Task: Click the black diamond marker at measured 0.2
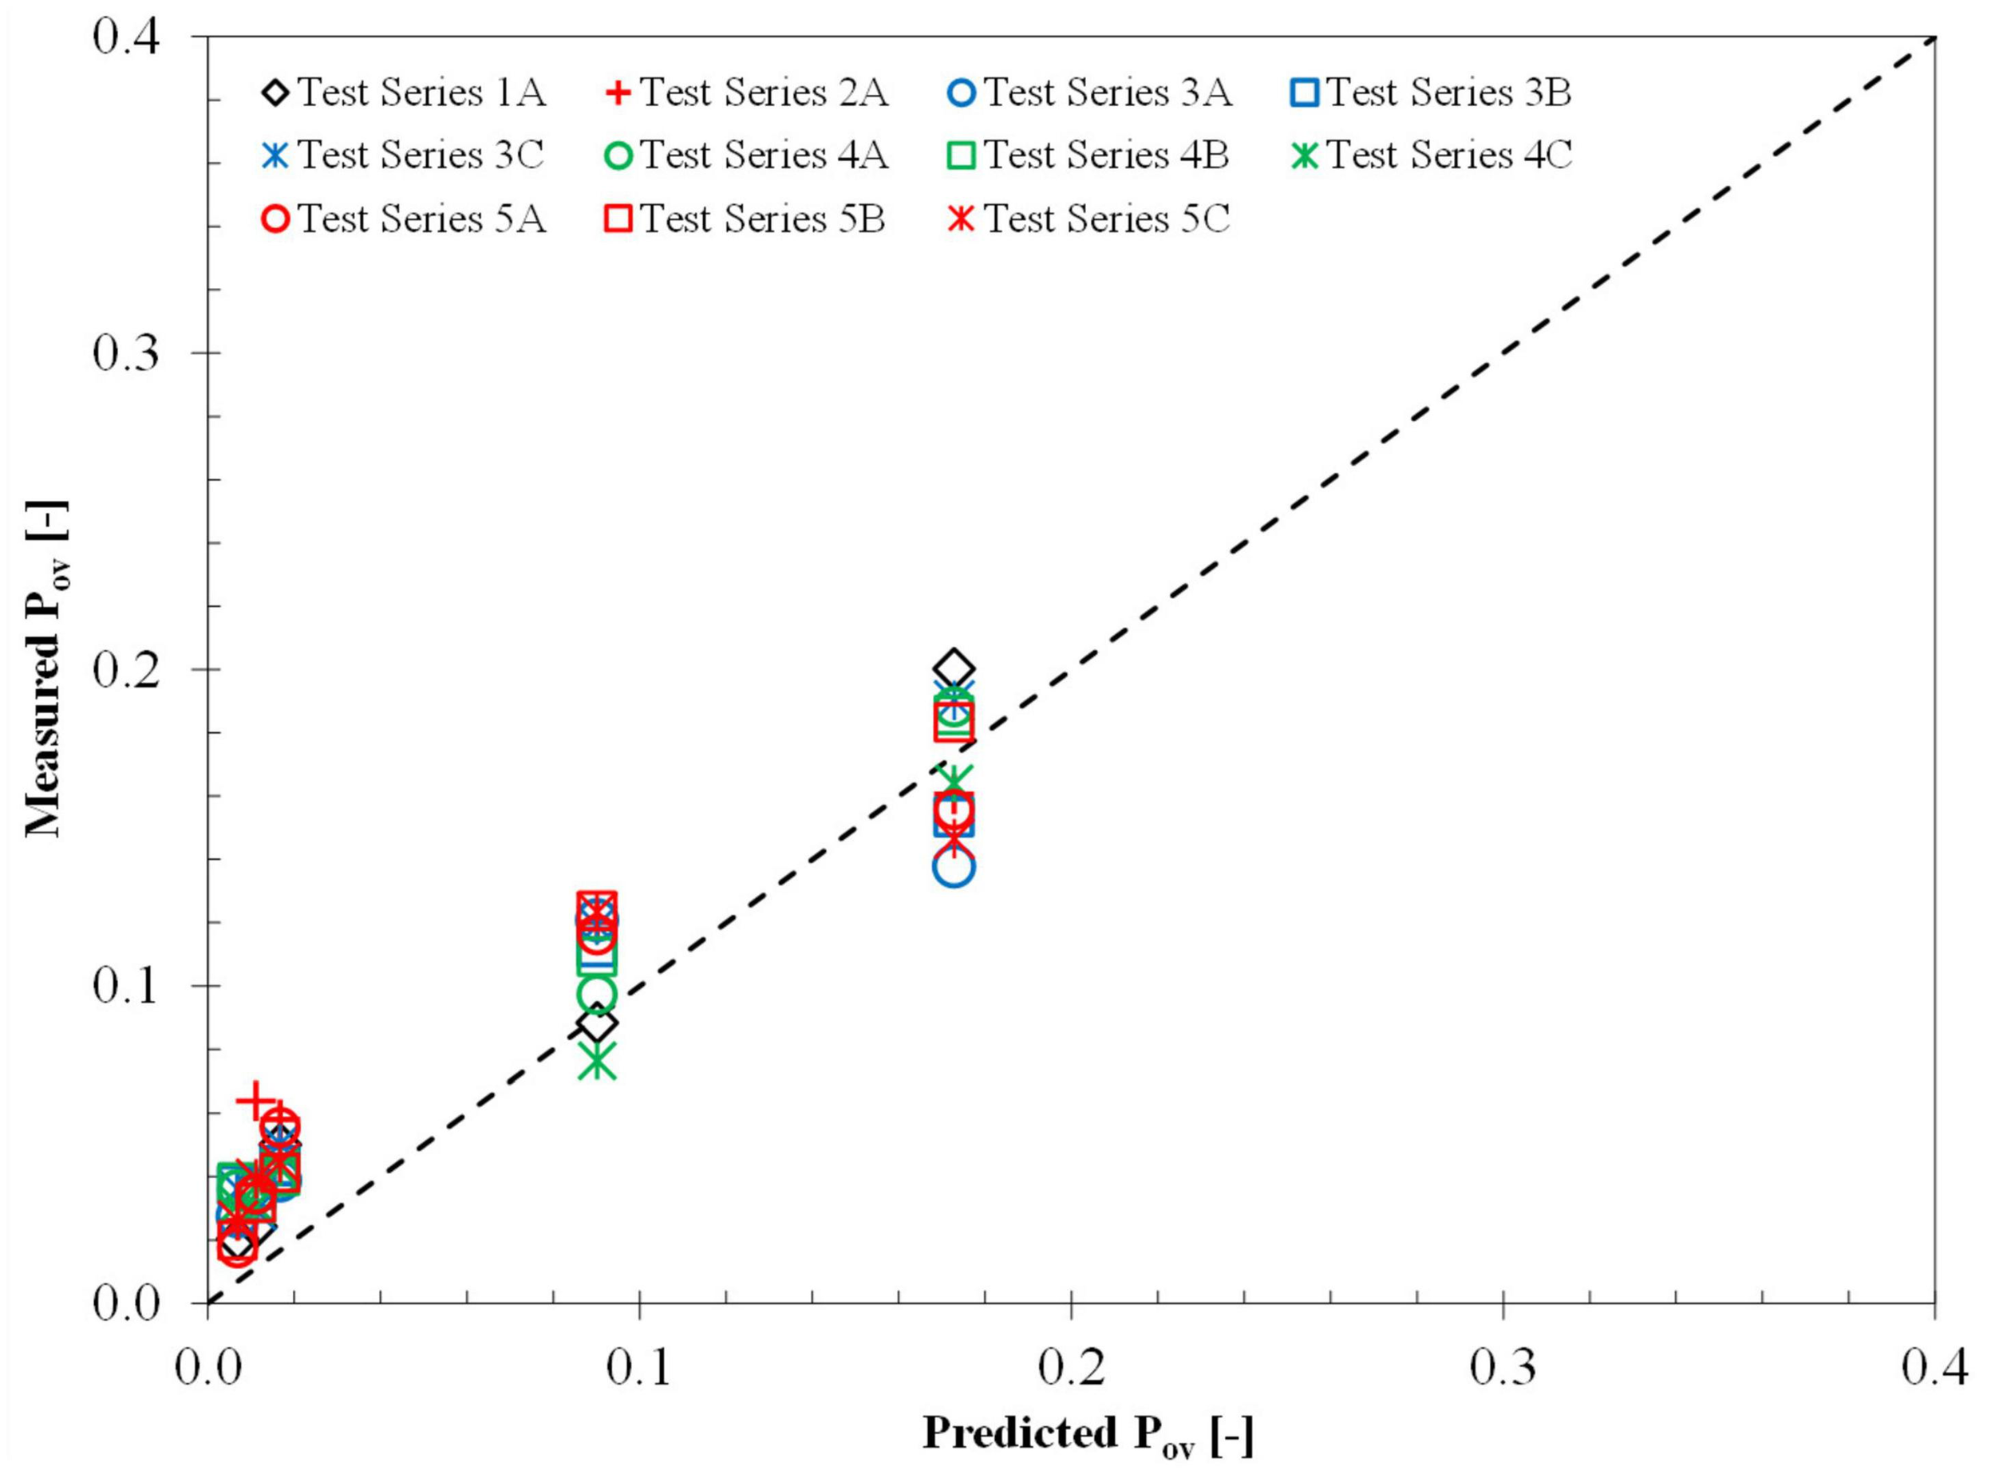(954, 668)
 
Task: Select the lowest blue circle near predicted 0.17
(954, 867)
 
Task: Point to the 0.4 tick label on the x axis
(1934, 1369)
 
